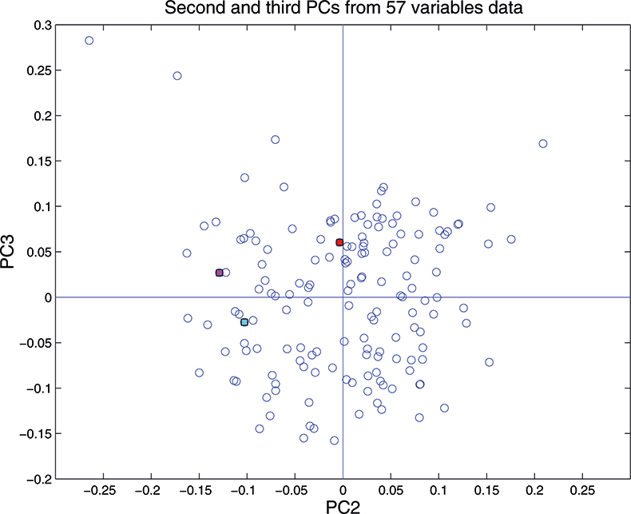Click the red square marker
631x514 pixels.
pyautogui.click(x=339, y=242)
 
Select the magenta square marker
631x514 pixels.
pyautogui.click(x=219, y=273)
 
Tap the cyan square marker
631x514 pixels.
pyautogui.click(x=244, y=322)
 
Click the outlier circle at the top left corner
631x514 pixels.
pyautogui.click(x=89, y=40)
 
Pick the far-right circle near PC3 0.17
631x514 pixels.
pyautogui.click(x=543, y=144)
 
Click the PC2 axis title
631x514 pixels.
pyautogui.click(x=343, y=505)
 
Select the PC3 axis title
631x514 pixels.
pyautogui.click(x=11, y=252)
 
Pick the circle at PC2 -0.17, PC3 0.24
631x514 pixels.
pyautogui.click(x=177, y=76)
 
